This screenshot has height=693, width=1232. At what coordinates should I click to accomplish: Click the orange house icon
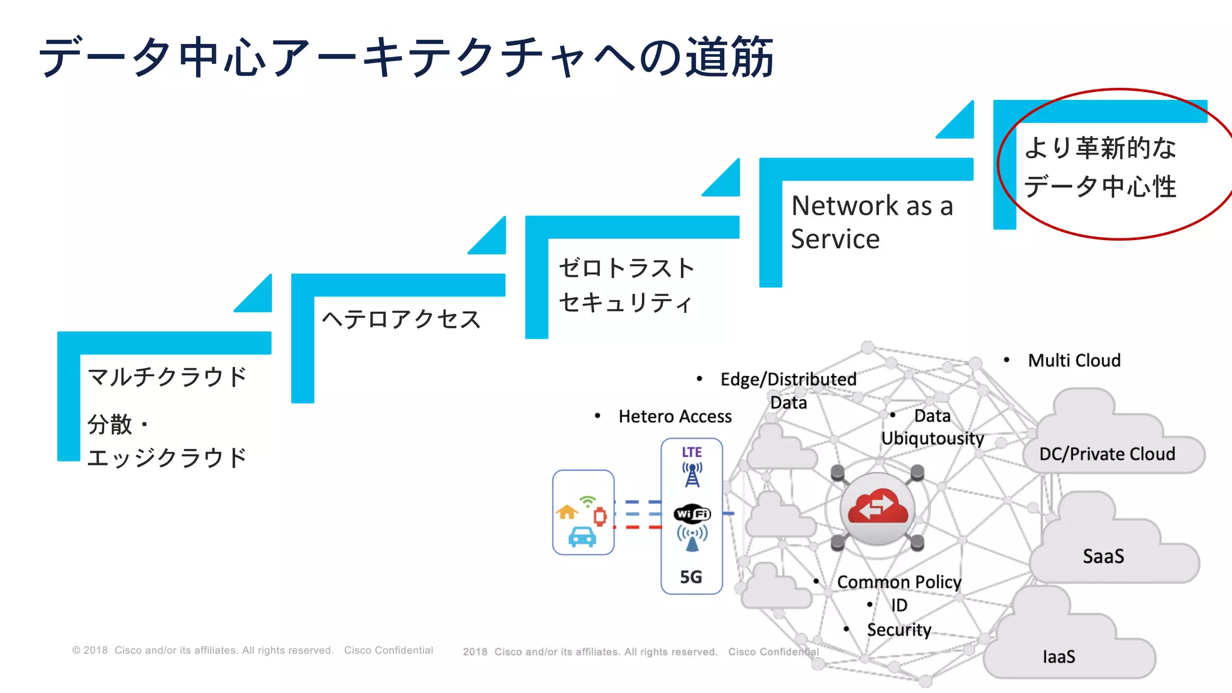pyautogui.click(x=567, y=512)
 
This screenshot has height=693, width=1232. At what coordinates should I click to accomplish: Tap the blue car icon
pyautogui.click(x=582, y=537)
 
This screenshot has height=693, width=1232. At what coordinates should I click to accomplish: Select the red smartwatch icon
pyautogui.click(x=600, y=516)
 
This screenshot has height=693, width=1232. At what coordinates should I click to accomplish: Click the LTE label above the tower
pyautogui.click(x=692, y=452)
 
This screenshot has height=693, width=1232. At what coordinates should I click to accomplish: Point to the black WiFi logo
pyautogui.click(x=692, y=514)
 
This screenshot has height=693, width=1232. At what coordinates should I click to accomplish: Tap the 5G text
pyautogui.click(x=691, y=577)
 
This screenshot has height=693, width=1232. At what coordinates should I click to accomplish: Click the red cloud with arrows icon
pyautogui.click(x=878, y=509)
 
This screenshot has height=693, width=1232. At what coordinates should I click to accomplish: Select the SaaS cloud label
pyautogui.click(x=1103, y=556)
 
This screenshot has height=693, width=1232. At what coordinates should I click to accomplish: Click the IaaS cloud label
pyautogui.click(x=1059, y=657)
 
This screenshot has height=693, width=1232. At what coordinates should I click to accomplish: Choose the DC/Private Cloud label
pyautogui.click(x=1107, y=454)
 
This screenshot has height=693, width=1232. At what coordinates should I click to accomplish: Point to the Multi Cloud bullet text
pyautogui.click(x=1074, y=360)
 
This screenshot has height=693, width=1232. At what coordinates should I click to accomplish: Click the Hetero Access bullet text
pyautogui.click(x=675, y=416)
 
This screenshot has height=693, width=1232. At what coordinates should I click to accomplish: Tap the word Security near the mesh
pyautogui.click(x=899, y=630)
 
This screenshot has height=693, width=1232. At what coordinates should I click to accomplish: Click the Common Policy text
pyautogui.click(x=899, y=582)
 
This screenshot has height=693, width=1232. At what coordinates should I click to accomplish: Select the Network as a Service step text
pyautogui.click(x=871, y=222)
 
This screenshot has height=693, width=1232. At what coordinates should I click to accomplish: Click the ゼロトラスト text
pyautogui.click(x=626, y=268)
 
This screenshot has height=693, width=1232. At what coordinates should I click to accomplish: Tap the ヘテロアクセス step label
pyautogui.click(x=401, y=319)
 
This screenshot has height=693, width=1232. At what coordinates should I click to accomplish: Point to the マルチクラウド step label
pyautogui.click(x=167, y=377)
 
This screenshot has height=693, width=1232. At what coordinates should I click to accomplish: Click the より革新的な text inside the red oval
pyautogui.click(x=1100, y=148)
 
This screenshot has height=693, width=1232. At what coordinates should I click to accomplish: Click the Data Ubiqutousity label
pyautogui.click(x=932, y=427)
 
